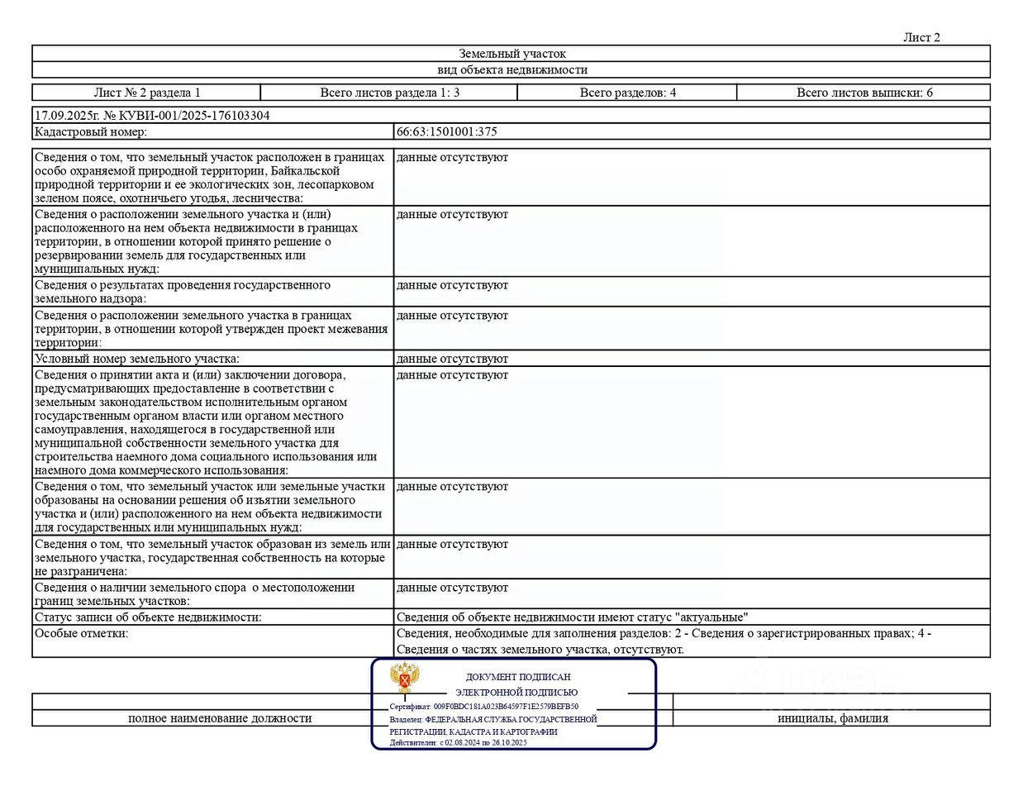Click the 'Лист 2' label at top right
(921, 37)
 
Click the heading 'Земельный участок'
(511, 54)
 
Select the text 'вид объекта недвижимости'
(511, 70)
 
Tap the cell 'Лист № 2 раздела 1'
(147, 93)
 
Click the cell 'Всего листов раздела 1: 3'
(389, 93)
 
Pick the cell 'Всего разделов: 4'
(627, 93)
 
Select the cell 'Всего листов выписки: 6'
(864, 93)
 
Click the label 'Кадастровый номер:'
(91, 131)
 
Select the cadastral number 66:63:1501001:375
(446, 131)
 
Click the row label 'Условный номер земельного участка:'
(137, 359)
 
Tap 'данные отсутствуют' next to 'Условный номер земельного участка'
(452, 359)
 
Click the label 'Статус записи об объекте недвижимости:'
(148, 617)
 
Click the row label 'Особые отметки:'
(82, 633)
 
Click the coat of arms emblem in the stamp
(405, 678)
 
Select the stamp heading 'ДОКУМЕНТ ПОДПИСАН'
(518, 677)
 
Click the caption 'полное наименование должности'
(220, 718)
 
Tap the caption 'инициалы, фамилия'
(832, 718)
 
